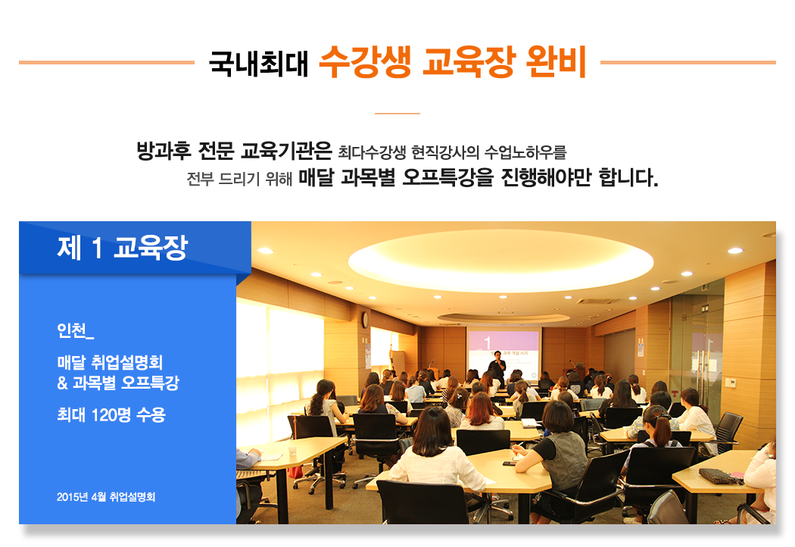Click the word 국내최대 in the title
[x=259, y=63]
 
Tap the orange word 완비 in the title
[x=556, y=62]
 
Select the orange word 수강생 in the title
[x=365, y=62]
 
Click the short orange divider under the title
[x=397, y=114]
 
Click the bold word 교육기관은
[x=286, y=151]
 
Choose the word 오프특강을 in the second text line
[x=447, y=177]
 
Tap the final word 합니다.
[x=628, y=177]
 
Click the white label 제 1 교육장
[x=123, y=248]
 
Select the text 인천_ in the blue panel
[x=76, y=330]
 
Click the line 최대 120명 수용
[x=111, y=415]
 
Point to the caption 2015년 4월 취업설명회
[x=106, y=497]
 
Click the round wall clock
[x=365, y=320]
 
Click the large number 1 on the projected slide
[x=488, y=343]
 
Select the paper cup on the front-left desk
[x=292, y=451]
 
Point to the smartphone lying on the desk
[x=509, y=463]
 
